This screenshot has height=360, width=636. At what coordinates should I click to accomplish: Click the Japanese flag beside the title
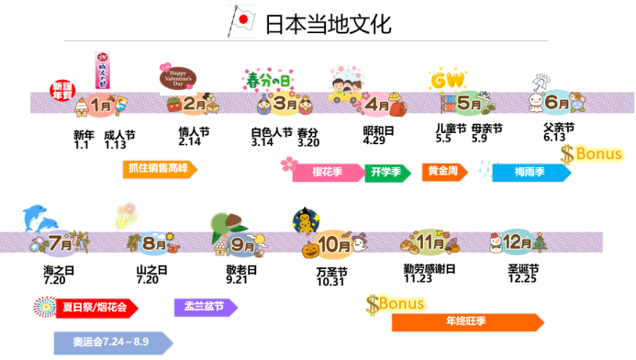coord(241,21)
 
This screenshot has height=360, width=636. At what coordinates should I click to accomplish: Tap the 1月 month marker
coord(103,106)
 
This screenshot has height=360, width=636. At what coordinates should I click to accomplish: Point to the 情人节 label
coord(190,131)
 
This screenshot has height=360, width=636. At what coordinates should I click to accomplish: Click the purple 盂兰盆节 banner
coord(199,307)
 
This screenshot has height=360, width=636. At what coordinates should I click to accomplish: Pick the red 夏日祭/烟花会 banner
coord(88,307)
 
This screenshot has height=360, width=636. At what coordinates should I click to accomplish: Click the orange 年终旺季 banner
coord(466,322)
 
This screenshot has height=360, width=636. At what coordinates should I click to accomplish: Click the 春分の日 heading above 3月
coord(269,80)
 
